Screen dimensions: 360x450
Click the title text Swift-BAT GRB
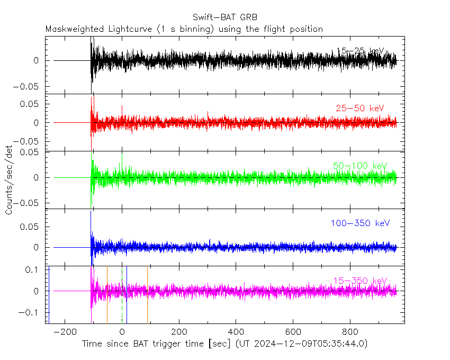tap(225, 17)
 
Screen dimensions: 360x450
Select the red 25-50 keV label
tap(359, 108)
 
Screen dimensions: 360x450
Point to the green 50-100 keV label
tap(360, 166)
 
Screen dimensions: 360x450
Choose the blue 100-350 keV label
tap(360, 223)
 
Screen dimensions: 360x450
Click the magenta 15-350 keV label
tap(360, 281)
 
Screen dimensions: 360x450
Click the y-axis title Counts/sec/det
tap(9, 180)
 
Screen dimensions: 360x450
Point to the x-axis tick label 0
tap(122, 331)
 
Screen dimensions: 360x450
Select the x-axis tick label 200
tap(179, 331)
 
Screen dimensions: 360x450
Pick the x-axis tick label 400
tap(236, 331)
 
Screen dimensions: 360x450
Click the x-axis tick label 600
tap(293, 331)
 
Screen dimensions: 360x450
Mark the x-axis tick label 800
tap(350, 331)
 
